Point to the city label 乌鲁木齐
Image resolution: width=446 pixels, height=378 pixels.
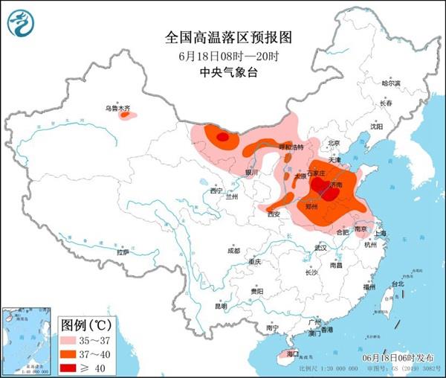[x=117, y=109]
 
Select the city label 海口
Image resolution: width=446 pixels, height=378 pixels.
[x=292, y=355]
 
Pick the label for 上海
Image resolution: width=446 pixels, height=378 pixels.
[x=381, y=233]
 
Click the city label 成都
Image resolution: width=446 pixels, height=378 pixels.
[x=233, y=250]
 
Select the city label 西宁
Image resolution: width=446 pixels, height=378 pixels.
[x=216, y=191]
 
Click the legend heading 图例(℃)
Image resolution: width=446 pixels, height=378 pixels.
[x=85, y=324]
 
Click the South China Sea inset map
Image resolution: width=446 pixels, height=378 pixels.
[x=27, y=339]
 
